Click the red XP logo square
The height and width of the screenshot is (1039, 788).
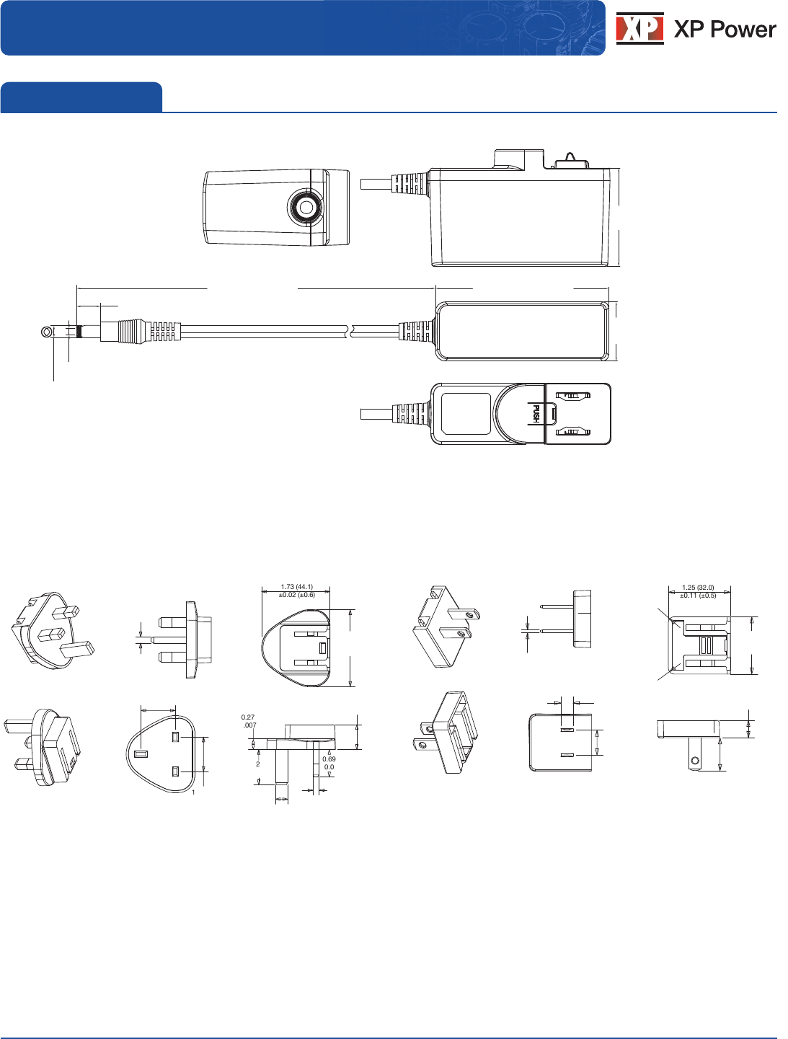639,28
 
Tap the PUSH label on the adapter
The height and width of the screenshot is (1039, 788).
536,413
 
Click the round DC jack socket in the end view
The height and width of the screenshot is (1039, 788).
306,208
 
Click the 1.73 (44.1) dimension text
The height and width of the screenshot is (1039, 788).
297,587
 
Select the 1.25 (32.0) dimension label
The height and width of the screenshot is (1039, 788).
698,588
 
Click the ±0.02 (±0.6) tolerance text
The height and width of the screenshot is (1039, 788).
297,595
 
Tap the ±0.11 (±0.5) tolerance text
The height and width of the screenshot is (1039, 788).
698,596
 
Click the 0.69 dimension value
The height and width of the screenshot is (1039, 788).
329,759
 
